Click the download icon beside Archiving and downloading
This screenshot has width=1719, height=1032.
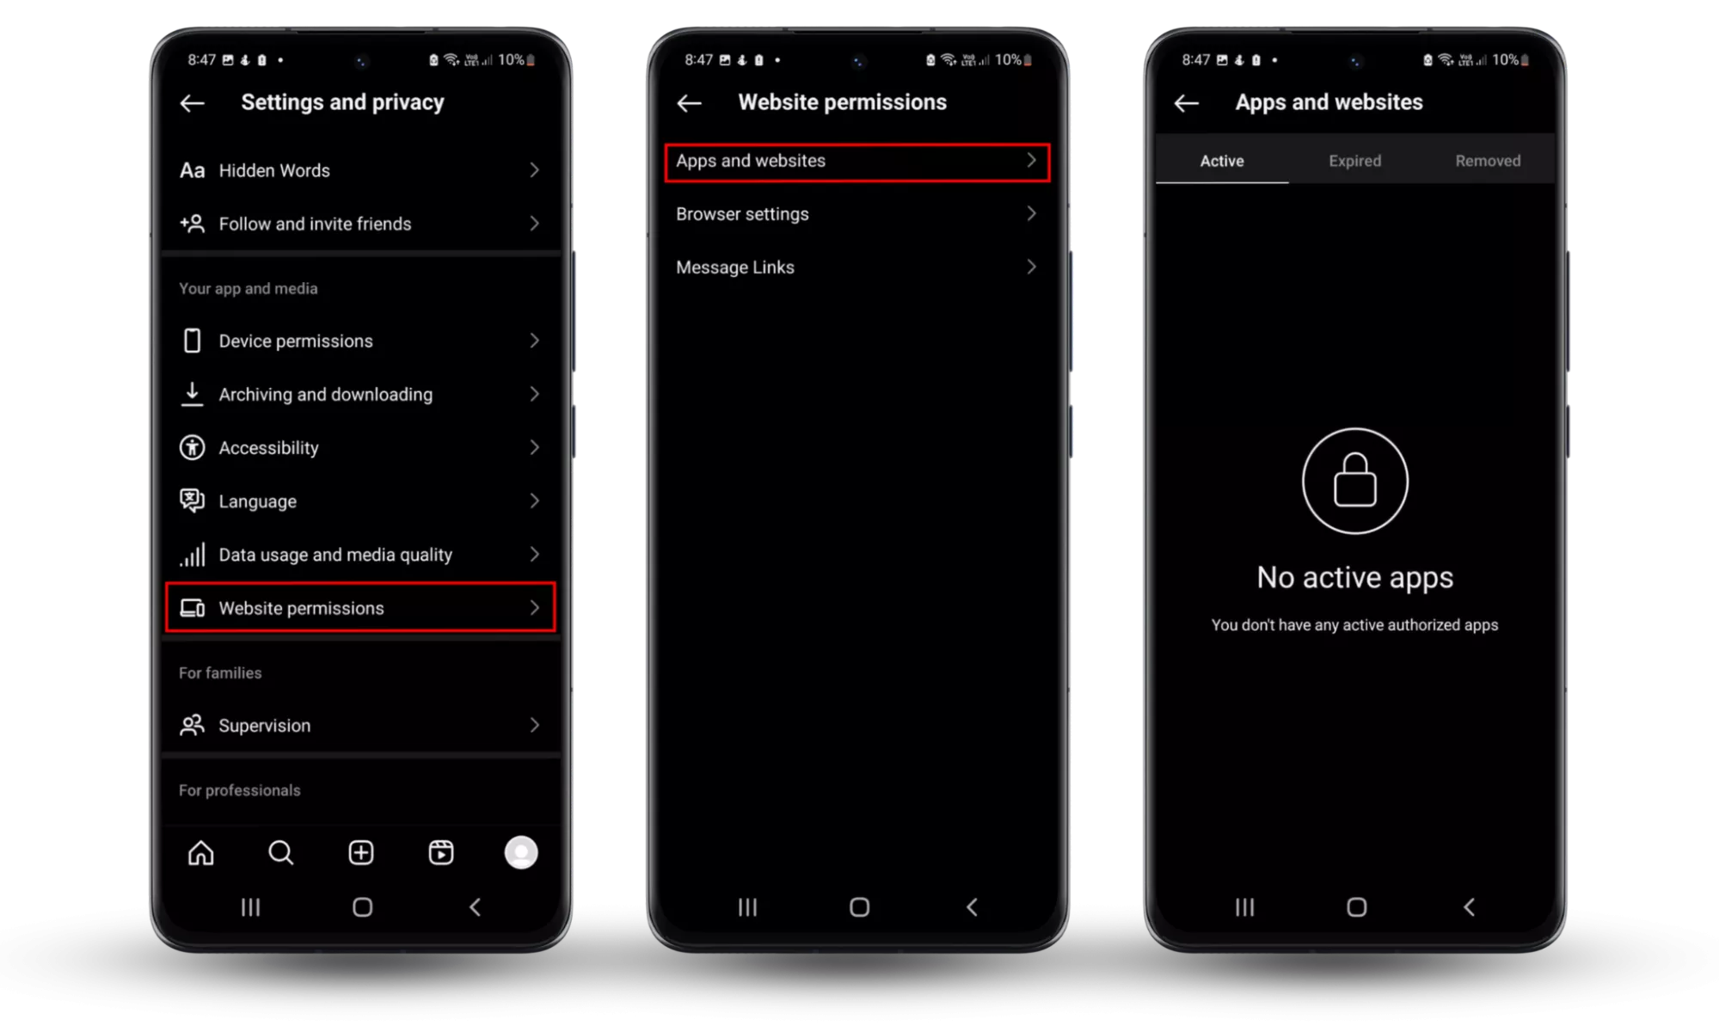pyautogui.click(x=192, y=394)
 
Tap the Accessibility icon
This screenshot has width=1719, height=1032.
pyautogui.click(x=192, y=447)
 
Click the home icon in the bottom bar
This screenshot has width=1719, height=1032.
pyautogui.click(x=201, y=852)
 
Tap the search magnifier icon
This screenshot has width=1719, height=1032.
pyautogui.click(x=280, y=852)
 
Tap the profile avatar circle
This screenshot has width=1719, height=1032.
pyautogui.click(x=521, y=852)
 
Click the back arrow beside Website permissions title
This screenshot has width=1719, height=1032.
pyautogui.click(x=689, y=103)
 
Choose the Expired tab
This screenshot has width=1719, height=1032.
pyautogui.click(x=1355, y=161)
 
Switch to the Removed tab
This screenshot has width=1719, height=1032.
pyautogui.click(x=1488, y=161)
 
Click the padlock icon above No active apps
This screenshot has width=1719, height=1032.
pyautogui.click(x=1355, y=481)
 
